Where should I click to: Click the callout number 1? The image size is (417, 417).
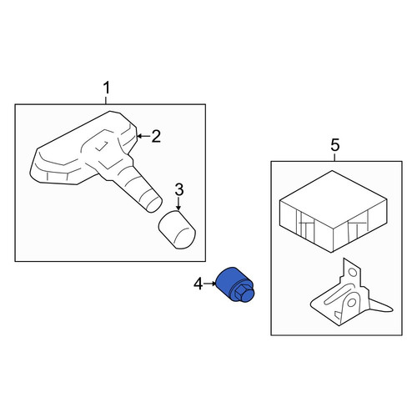pyautogui.click(x=107, y=88)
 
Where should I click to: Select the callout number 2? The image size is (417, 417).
pyautogui.click(x=156, y=136)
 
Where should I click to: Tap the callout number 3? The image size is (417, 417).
pyautogui.click(x=179, y=189)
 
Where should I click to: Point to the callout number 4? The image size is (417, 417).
pyautogui.click(x=198, y=284)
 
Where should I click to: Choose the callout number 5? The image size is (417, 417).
pyautogui.click(x=335, y=145)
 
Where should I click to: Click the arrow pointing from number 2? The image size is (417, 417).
pyautogui.click(x=143, y=136)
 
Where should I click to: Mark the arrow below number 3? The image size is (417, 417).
pyautogui.click(x=178, y=203)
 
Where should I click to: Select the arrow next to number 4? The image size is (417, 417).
pyautogui.click(x=210, y=284)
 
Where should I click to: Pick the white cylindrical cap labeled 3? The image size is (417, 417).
pyautogui.click(x=177, y=229)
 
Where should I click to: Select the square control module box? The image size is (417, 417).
pyautogui.click(x=333, y=211)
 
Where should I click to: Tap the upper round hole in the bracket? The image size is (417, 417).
pyautogui.click(x=353, y=272)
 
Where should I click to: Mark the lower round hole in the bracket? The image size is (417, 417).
pyautogui.click(x=351, y=302)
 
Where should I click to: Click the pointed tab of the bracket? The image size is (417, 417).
pyautogui.click(x=381, y=306)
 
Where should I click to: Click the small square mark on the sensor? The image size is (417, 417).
pyautogui.click(x=102, y=146)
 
